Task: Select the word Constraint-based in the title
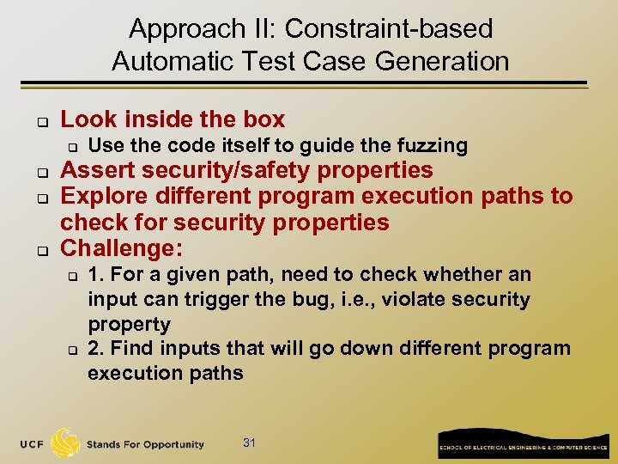point(389,29)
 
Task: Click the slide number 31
point(250,443)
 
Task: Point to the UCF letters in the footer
point(33,444)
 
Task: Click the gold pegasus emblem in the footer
point(66,443)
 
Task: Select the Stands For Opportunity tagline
point(144,444)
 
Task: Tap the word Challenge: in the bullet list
point(121,248)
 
